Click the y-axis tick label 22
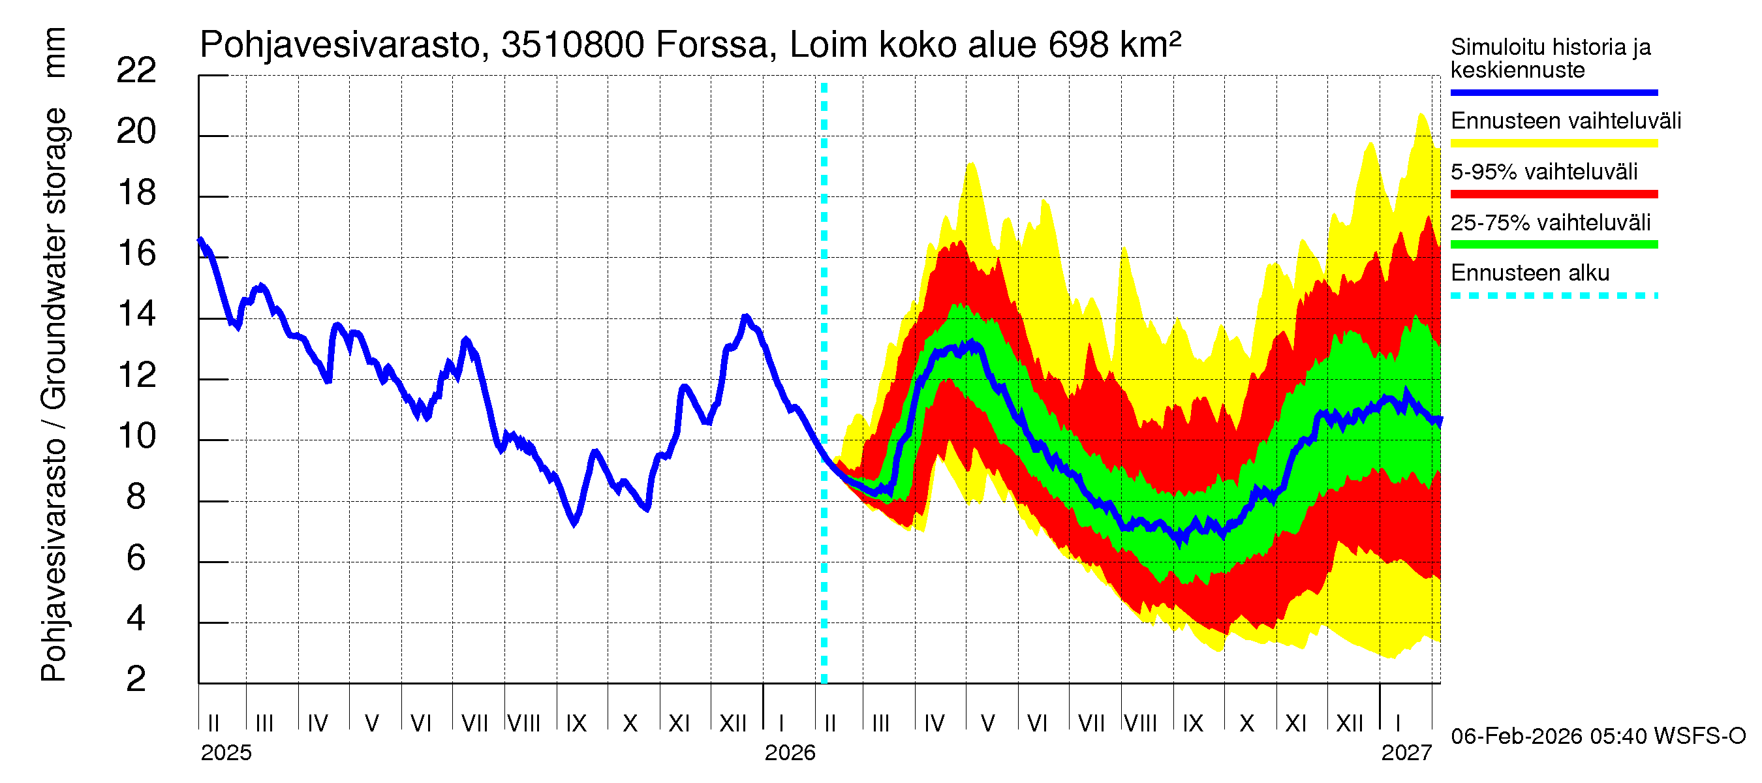pos(136,70)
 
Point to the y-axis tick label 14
pos(136,314)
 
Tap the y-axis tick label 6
pos(136,558)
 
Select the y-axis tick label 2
pos(136,679)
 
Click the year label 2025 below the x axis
pos(226,753)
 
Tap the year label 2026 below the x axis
pos(790,753)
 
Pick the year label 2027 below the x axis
pos(1406,753)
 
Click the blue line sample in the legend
pos(1553,92)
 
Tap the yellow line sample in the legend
pos(1553,144)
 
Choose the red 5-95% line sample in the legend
pos(1553,194)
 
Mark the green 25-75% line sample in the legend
pos(1553,245)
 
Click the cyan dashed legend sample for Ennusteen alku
pos(1553,296)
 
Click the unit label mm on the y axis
pos(54,53)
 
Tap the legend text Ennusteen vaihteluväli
pos(1566,121)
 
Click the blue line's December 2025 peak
pos(747,316)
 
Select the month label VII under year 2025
pos(474,724)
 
